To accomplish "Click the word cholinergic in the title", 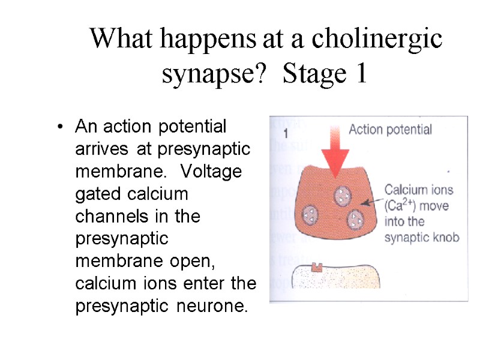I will point(377,40).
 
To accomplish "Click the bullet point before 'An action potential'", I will point(59,128).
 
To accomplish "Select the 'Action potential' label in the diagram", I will point(390,129).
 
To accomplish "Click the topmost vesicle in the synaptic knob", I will point(342,195).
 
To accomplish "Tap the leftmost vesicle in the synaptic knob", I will point(310,214).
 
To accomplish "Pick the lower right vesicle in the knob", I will point(355,219).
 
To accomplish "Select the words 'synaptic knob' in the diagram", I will point(421,238).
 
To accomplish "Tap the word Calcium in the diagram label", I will point(405,190).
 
